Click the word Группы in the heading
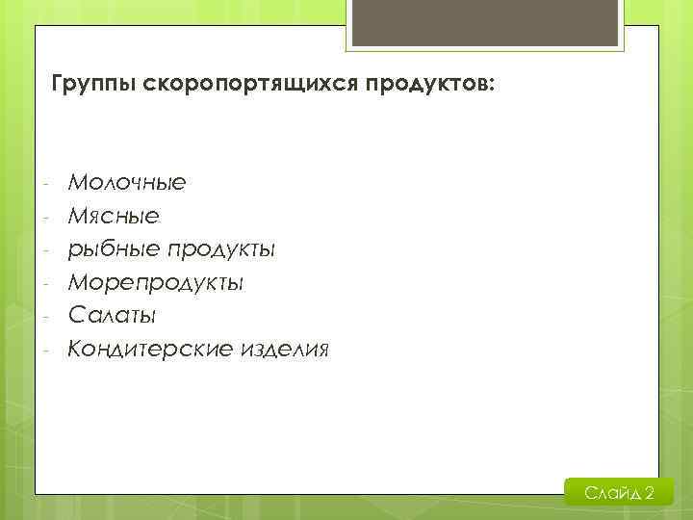coord(92,85)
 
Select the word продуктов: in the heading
coord(431,85)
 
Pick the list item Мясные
coord(114,216)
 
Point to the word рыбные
coord(114,249)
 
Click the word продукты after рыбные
coord(221,249)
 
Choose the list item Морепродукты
coord(155,283)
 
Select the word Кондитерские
coord(149,349)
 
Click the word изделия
coord(285,349)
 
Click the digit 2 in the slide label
coord(651,494)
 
